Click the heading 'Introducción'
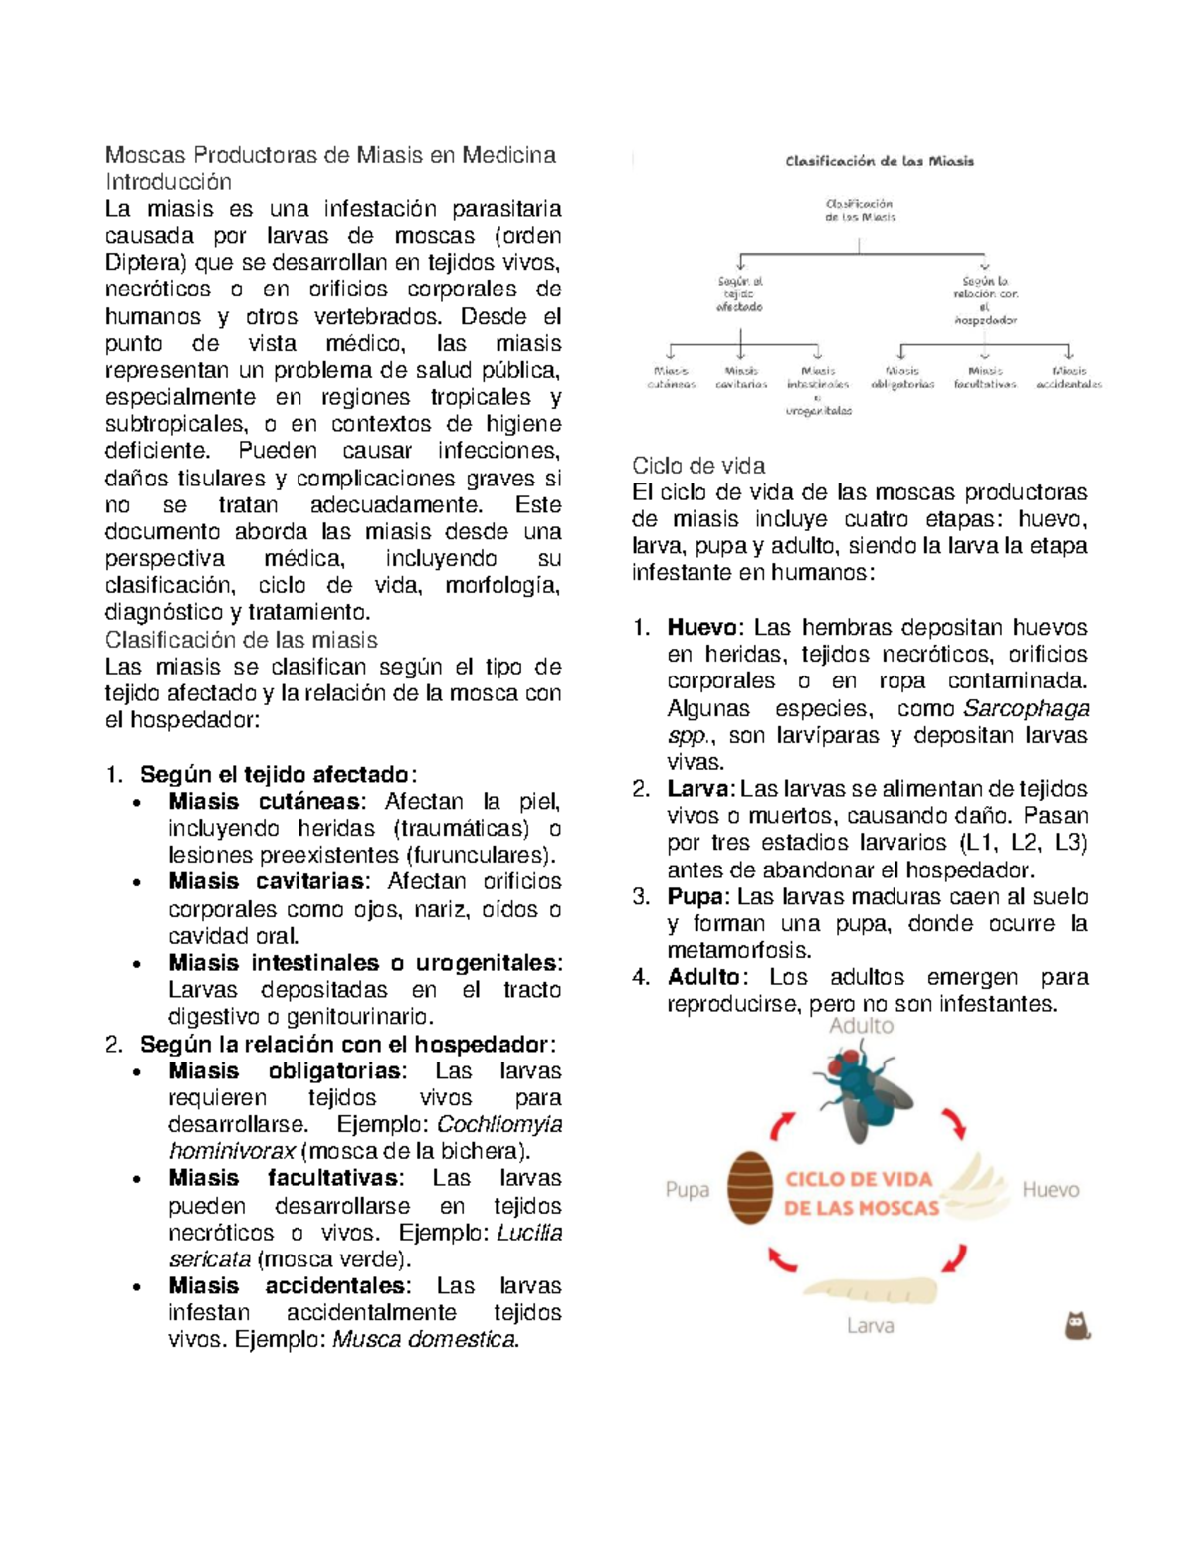tap(168, 182)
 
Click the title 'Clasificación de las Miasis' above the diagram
tap(880, 161)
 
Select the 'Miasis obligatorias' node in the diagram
tap(902, 377)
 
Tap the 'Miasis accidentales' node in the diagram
tap(1069, 377)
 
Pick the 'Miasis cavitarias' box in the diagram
tap(741, 377)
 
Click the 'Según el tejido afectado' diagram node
tap(740, 294)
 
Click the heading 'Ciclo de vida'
tap(698, 466)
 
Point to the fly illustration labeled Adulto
tap(861, 1093)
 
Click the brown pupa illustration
tap(750, 1188)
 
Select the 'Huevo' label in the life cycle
tap(1050, 1190)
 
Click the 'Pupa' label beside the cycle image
tap(688, 1190)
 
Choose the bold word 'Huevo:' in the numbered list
tap(703, 628)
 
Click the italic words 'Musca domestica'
tap(425, 1339)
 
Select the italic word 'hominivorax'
tap(232, 1151)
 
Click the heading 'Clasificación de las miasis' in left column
tap(242, 640)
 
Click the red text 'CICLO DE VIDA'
tap(860, 1179)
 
